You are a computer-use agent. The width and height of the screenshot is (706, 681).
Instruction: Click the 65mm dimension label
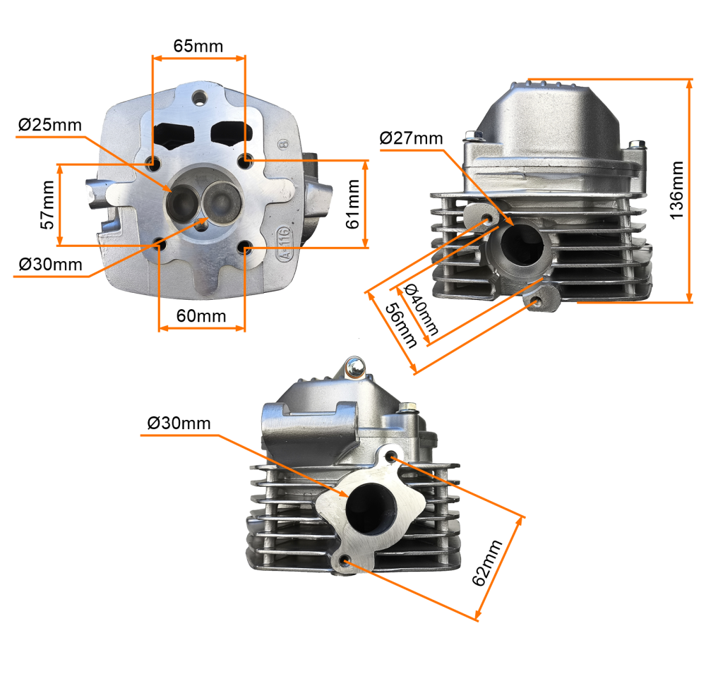click(198, 46)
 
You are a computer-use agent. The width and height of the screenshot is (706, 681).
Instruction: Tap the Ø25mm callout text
click(50, 125)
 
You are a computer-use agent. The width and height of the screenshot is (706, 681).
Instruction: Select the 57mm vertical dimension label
click(48, 205)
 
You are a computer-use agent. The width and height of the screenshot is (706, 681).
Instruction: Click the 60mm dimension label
click(201, 316)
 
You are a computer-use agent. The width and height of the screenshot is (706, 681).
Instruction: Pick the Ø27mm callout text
click(411, 138)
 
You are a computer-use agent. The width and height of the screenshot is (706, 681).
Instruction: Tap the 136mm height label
click(676, 191)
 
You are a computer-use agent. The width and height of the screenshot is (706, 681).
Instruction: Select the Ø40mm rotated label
click(421, 310)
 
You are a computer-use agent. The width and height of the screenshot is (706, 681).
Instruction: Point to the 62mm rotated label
click(486, 562)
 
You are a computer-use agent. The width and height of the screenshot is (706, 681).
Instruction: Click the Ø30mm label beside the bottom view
click(179, 423)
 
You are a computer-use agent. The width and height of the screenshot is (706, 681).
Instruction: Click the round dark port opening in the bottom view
click(371, 509)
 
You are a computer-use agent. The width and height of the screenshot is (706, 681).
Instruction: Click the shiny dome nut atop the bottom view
click(355, 367)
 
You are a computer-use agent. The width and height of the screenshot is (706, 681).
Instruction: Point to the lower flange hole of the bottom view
click(345, 560)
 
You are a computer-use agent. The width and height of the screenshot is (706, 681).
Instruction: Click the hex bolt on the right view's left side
click(472, 135)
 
